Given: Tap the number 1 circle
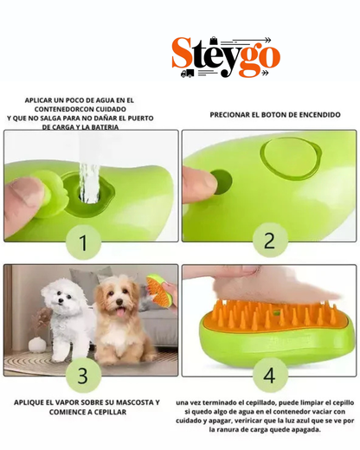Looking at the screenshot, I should point(84,243).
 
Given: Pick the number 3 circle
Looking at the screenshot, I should point(84,376).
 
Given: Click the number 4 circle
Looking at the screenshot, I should point(269,376).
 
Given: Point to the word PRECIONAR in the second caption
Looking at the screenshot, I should point(230,114).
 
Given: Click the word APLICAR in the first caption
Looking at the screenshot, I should point(42,100).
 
